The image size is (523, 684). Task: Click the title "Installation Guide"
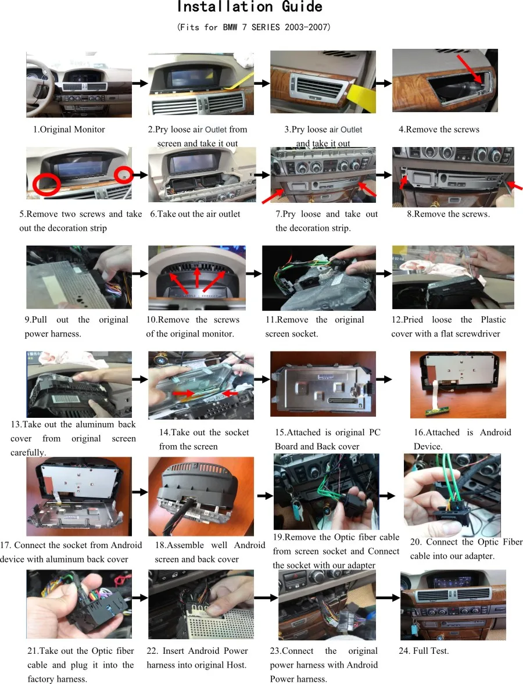pyautogui.click(x=249, y=8)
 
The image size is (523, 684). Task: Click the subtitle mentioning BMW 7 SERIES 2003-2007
pyautogui.click(x=254, y=27)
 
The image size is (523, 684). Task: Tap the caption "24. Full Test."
pyautogui.click(x=424, y=651)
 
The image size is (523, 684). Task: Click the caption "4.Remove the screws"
pyautogui.click(x=439, y=129)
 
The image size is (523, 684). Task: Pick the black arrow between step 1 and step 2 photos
pyautogui.click(x=139, y=84)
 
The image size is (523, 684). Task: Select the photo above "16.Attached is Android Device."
pyautogui.click(x=458, y=384)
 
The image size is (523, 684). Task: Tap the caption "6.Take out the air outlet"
pyautogui.click(x=195, y=214)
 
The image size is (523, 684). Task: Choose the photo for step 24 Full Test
pyautogui.click(x=453, y=605)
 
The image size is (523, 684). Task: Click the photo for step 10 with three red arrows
pyautogui.click(x=196, y=278)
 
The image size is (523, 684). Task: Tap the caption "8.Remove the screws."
pyautogui.click(x=448, y=214)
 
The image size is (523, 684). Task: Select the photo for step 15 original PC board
pyautogui.click(x=323, y=384)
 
